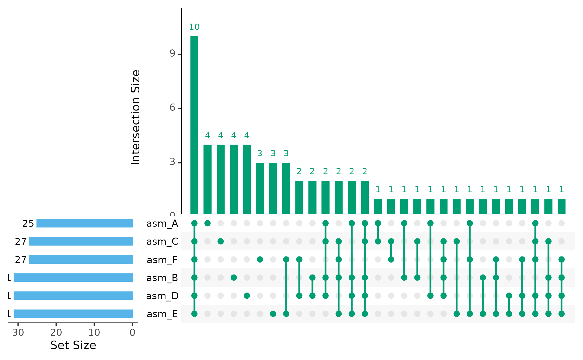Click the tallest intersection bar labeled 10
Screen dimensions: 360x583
pos(194,125)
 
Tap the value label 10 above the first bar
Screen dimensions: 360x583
pos(194,27)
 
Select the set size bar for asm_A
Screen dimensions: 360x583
pos(85,223)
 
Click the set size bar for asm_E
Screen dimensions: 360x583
pos(73,314)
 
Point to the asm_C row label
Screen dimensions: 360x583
pos(162,241)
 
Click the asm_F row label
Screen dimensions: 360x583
pos(162,260)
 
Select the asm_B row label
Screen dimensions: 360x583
pos(162,278)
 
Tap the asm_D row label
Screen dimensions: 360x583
pos(162,296)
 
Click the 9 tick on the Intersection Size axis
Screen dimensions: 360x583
pos(172,54)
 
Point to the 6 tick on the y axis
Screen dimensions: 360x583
pos(172,108)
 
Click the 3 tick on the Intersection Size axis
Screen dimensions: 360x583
pos(172,162)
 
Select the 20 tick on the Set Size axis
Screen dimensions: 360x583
pos(56,332)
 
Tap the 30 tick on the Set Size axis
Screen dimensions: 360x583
pos(18,332)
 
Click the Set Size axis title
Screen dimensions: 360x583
pos(73,345)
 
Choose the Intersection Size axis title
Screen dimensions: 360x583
pos(136,117)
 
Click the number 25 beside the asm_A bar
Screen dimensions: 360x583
pos(28,223)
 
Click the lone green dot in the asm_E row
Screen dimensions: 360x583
pos(273,314)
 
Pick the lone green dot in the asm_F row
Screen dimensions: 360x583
pos(260,260)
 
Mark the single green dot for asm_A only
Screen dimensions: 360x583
pos(207,223)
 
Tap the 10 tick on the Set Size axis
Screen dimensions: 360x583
pos(94,332)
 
